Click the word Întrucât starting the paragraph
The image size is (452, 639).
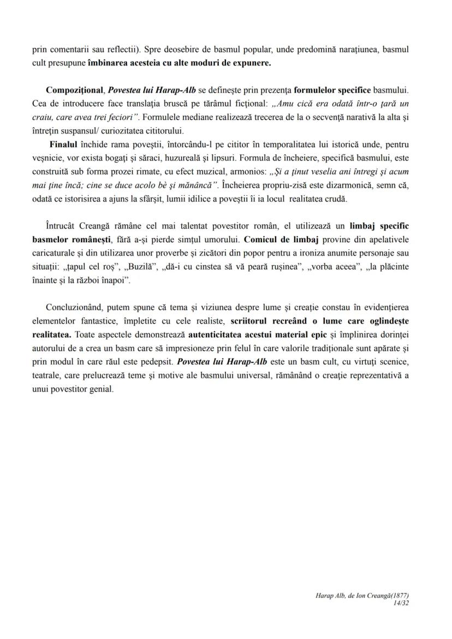pyautogui.click(x=62, y=225)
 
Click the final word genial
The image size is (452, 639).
pyautogui.click(x=101, y=390)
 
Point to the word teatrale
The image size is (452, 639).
pyautogui.click(x=47, y=376)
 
